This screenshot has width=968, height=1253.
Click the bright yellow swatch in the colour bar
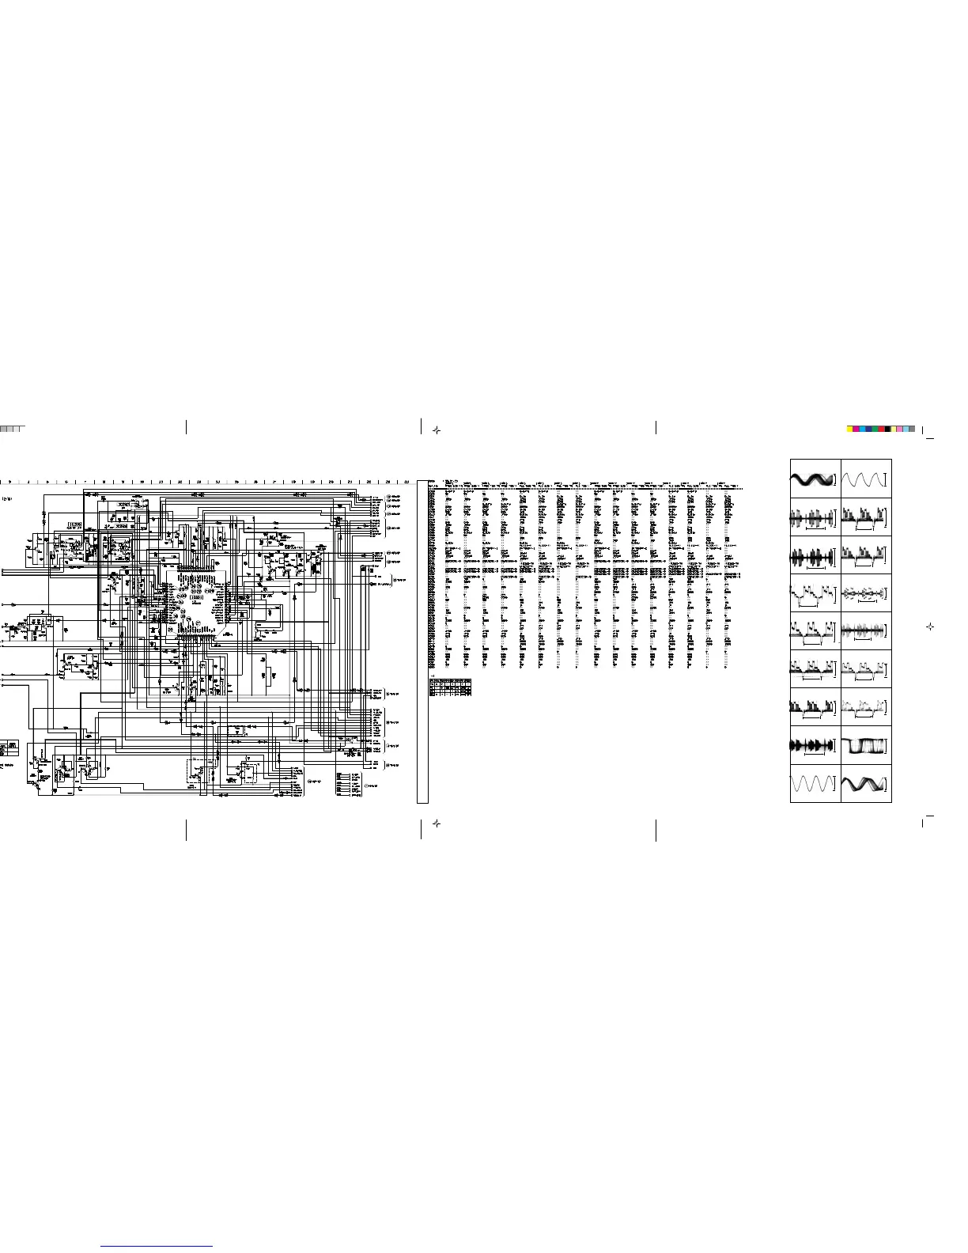(x=850, y=429)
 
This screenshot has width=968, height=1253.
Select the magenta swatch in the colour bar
(x=856, y=429)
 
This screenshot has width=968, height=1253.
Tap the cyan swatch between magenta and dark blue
(x=863, y=429)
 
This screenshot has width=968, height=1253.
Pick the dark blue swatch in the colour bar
(x=869, y=429)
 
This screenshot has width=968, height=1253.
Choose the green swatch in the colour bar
(x=875, y=429)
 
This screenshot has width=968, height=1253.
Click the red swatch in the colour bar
(x=882, y=429)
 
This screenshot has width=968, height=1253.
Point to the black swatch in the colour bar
(x=887, y=429)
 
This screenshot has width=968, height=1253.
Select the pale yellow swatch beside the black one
(x=894, y=429)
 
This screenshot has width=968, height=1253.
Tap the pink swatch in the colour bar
(x=900, y=429)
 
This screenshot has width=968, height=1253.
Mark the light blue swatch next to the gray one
(x=906, y=429)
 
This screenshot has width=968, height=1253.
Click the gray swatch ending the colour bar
(x=913, y=429)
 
